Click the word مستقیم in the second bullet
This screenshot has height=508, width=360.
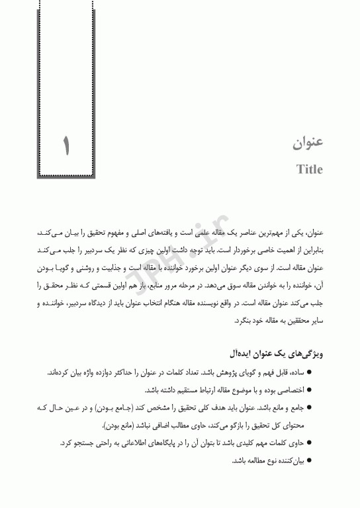[x=183, y=390]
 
